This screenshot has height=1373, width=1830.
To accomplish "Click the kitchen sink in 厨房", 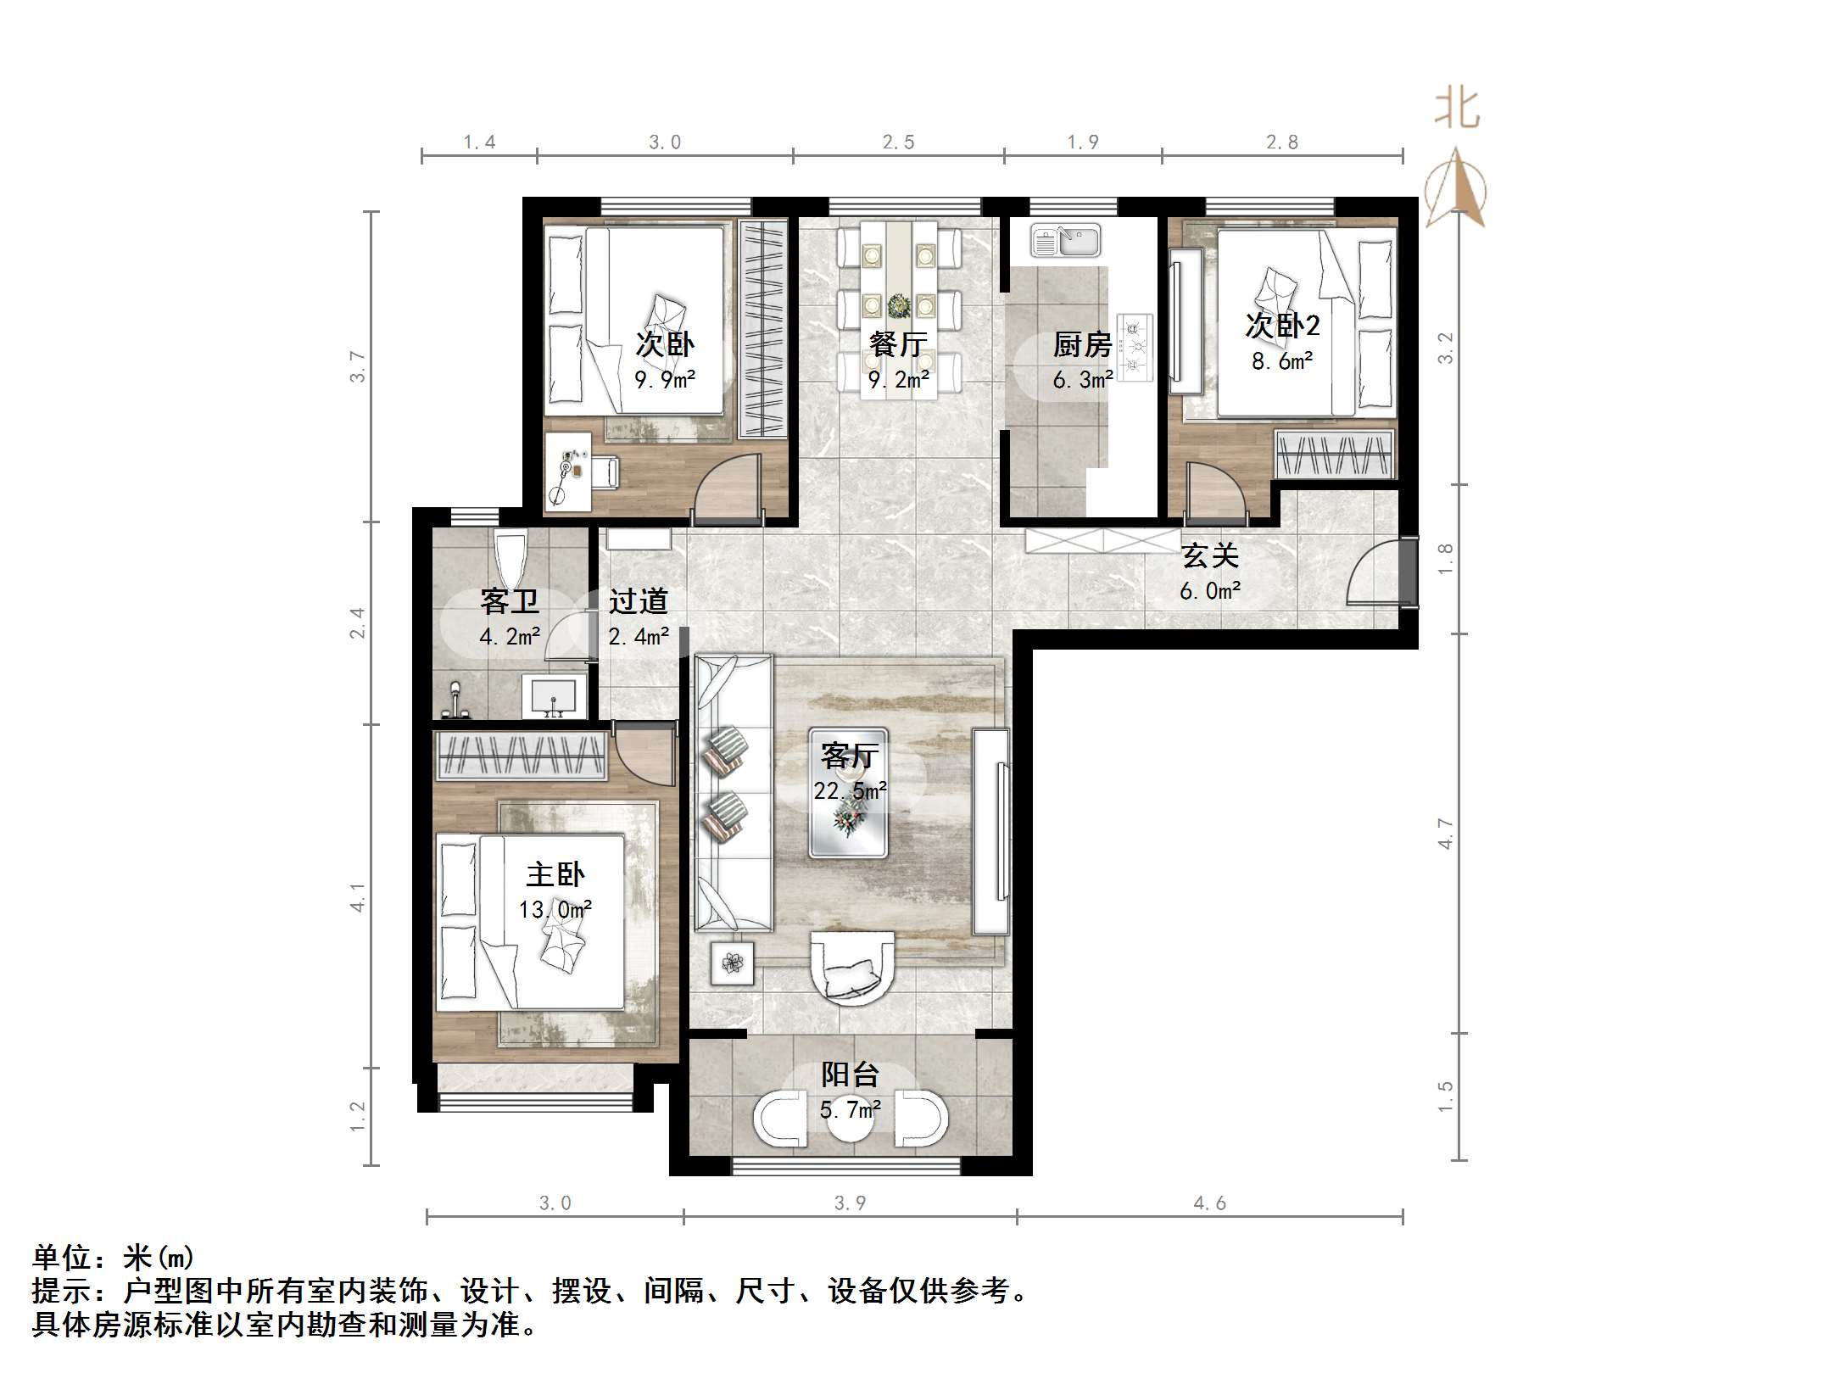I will [x=1065, y=240].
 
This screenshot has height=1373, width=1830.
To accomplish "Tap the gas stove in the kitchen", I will [x=1135, y=346].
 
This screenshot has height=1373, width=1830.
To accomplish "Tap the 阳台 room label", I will [x=850, y=1074].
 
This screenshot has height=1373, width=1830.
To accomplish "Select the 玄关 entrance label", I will [x=1210, y=556].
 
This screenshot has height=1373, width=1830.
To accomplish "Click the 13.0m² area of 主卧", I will [x=555, y=910].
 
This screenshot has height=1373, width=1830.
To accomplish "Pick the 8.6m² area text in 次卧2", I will [x=1282, y=361].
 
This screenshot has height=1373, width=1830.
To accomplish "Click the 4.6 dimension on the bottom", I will [x=1209, y=1203].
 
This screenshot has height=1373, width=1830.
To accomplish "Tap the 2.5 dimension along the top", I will [x=898, y=142].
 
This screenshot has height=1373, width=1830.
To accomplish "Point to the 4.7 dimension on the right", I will [x=1446, y=833].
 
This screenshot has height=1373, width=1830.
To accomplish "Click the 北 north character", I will [x=1457, y=109].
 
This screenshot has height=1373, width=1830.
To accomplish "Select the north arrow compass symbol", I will [x=1456, y=189].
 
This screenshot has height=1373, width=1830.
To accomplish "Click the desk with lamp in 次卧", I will [x=567, y=472].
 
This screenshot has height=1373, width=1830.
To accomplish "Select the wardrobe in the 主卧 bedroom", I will [x=522, y=755].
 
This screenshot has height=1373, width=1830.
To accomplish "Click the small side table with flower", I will [x=732, y=963].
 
